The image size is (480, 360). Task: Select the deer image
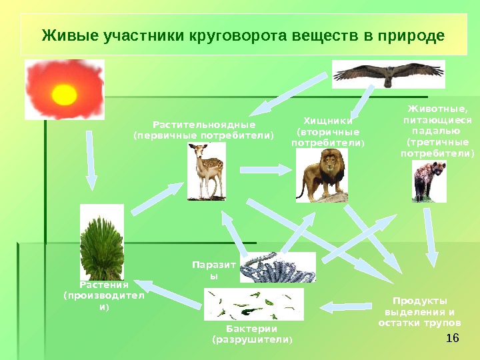point(207,172)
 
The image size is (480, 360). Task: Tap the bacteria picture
point(253,305)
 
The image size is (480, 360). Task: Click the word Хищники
point(327,121)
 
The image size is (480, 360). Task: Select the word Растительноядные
point(204,125)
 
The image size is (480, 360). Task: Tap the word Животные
point(437,110)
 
